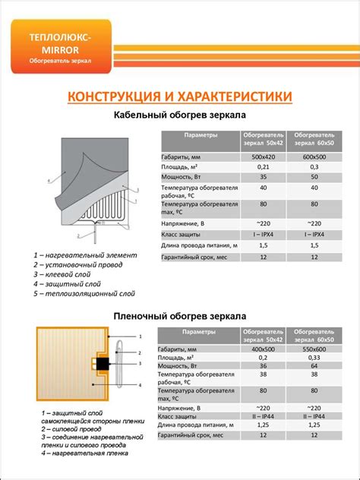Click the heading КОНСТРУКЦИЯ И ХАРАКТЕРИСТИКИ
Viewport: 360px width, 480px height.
tap(179, 98)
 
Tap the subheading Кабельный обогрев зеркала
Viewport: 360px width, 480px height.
tap(179, 115)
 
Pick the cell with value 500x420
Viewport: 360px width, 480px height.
tap(264, 155)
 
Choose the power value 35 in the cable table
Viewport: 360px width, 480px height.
tap(264, 176)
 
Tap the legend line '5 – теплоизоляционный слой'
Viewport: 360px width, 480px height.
tap(84, 292)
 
